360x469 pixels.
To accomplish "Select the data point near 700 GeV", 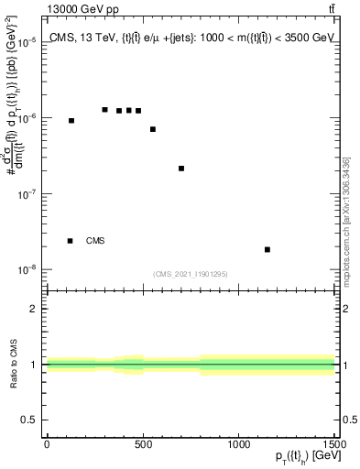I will (x=181, y=169).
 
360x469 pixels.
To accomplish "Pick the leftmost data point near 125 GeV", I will (x=71, y=121).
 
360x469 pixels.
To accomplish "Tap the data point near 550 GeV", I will (x=153, y=129).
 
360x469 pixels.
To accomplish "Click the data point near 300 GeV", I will (x=104, y=110).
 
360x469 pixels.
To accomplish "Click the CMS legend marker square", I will (x=71, y=241).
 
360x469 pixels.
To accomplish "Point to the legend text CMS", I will (x=95, y=241).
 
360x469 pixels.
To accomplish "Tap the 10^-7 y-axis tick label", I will (x=27, y=194).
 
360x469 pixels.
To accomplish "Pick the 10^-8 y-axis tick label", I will (x=27, y=270).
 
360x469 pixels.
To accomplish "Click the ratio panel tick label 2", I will (x=34, y=309).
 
